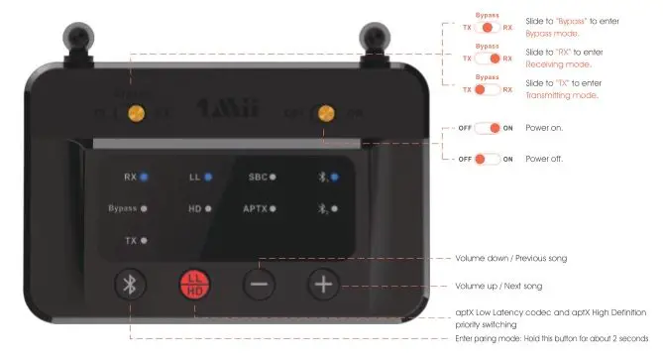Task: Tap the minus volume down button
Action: tap(261, 284)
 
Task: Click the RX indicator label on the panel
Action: tap(130, 178)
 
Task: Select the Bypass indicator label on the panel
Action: tap(122, 209)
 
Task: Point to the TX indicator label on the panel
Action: tap(130, 240)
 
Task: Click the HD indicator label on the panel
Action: tap(194, 209)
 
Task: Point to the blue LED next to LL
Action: tap(209, 178)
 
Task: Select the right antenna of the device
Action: tap(374, 38)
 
